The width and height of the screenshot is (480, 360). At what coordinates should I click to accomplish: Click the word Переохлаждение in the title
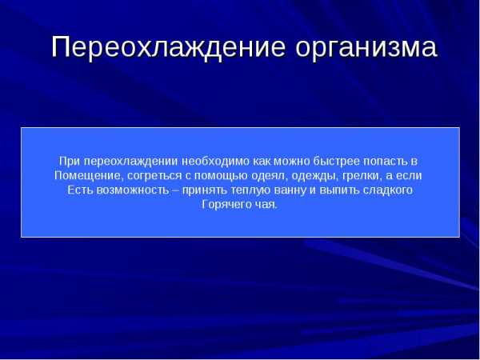(168, 47)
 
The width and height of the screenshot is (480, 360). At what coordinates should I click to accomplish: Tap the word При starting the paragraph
(69, 161)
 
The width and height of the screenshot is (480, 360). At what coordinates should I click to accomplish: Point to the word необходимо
(215, 161)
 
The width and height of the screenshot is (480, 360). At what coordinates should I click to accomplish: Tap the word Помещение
(89, 176)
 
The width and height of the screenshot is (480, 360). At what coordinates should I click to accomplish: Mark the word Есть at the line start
(79, 190)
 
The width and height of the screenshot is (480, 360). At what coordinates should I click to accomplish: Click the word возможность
(132, 190)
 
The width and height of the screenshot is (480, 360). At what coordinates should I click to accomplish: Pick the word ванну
(290, 191)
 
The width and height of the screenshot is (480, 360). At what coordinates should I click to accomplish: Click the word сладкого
(388, 190)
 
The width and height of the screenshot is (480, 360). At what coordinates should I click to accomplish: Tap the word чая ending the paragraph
(266, 205)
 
